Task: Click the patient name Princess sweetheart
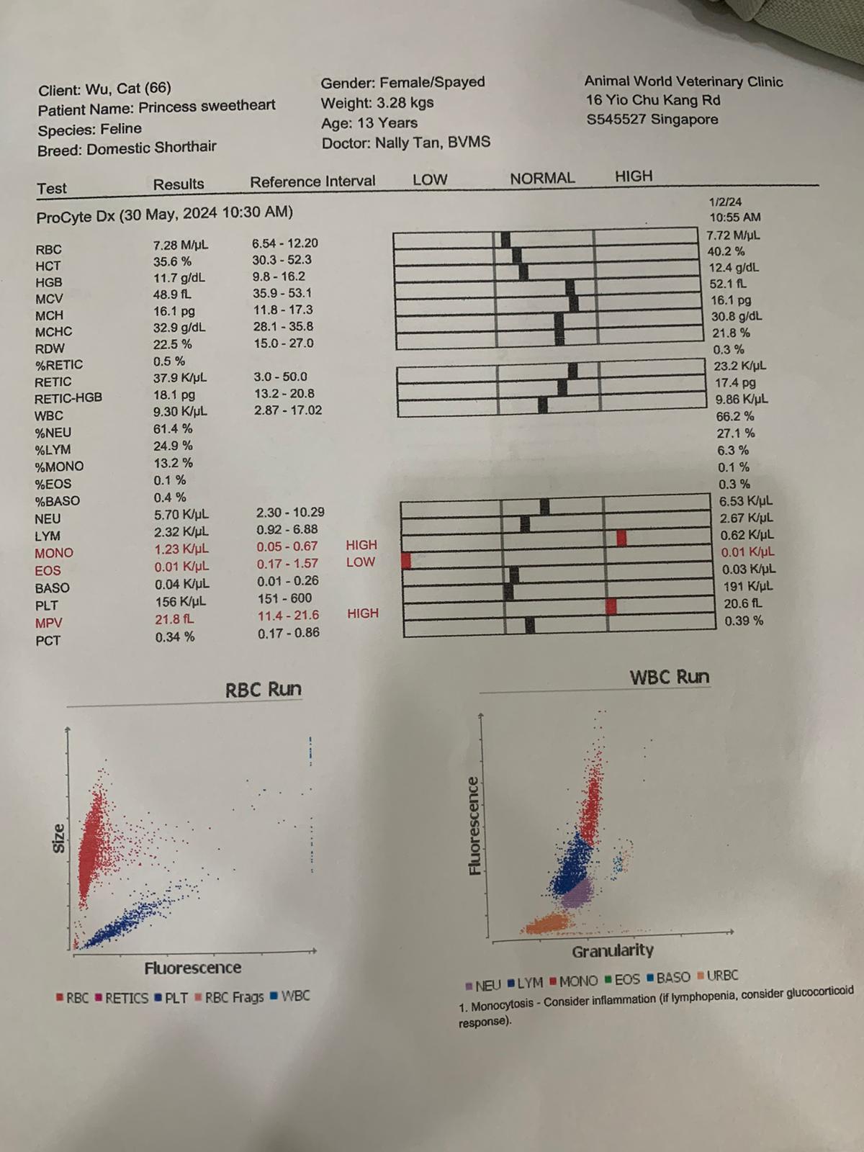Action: click(207, 107)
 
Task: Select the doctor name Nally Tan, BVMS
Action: click(432, 143)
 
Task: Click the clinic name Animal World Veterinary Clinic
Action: click(683, 82)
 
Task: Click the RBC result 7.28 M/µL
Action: click(181, 246)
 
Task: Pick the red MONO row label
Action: click(54, 553)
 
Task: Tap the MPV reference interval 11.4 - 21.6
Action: click(288, 616)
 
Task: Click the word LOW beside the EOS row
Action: click(360, 562)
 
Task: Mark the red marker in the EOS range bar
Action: click(406, 560)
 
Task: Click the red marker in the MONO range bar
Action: click(621, 538)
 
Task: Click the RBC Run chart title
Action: click(263, 690)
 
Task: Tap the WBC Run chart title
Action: click(669, 678)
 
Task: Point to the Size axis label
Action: click(58, 839)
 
